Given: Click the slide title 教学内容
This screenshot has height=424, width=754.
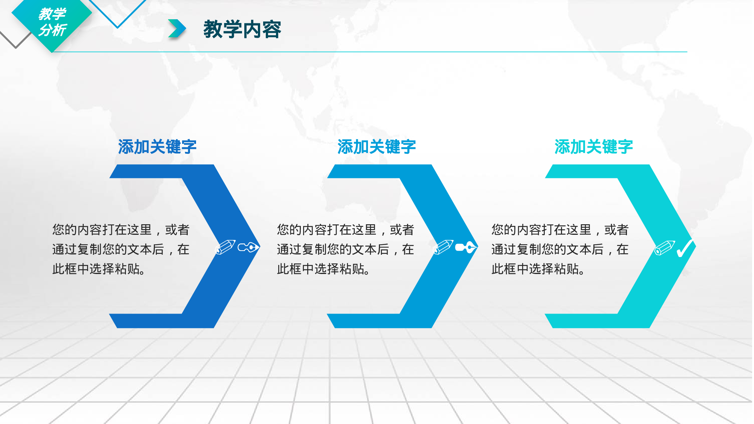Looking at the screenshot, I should pyautogui.click(x=242, y=29).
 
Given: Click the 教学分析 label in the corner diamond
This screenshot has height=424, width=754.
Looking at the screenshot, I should pyautogui.click(x=52, y=22).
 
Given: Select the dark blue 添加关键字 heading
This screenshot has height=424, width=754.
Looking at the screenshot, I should pyautogui.click(x=157, y=147).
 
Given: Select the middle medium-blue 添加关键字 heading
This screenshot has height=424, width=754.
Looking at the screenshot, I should pyautogui.click(x=376, y=147).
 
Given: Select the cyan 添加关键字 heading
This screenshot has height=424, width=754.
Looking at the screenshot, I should pyautogui.click(x=593, y=147).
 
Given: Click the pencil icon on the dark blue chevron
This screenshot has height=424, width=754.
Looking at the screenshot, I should pyautogui.click(x=225, y=247).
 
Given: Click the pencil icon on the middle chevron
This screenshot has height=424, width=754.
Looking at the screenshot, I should pyautogui.click(x=443, y=247).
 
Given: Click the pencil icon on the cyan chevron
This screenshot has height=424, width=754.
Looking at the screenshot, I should pyautogui.click(x=664, y=248).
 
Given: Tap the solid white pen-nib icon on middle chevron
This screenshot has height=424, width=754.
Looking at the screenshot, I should pyautogui.click(x=466, y=247).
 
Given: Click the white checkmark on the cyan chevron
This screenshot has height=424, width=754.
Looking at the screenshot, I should pyautogui.click(x=685, y=248).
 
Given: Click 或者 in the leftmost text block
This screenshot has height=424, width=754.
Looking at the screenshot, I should pyautogui.click(x=177, y=230).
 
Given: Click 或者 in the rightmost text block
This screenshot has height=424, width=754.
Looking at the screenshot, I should pyautogui.click(x=616, y=230).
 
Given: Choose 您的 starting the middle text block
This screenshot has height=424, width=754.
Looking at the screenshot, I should pyautogui.click(x=289, y=230).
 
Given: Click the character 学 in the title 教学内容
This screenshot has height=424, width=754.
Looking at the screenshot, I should pyautogui.click(x=232, y=29).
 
